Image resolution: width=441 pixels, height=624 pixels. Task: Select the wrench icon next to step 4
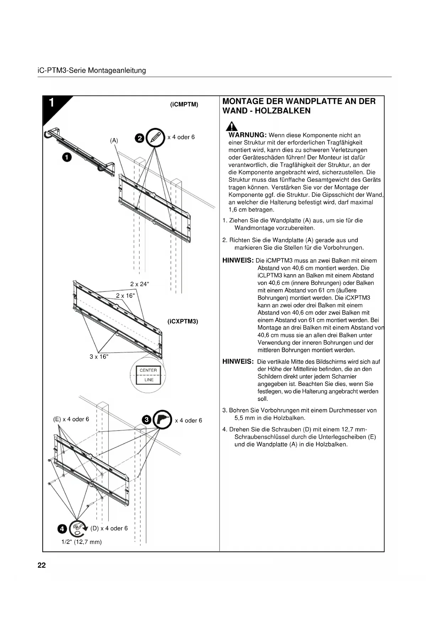pyautogui.click(x=78, y=529)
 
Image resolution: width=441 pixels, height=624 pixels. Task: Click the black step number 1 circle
pyautogui.click(x=66, y=157)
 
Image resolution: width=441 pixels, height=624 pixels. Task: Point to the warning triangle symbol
pyautogui.click(x=232, y=126)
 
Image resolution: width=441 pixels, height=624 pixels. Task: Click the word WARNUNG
pyautogui.click(x=247, y=135)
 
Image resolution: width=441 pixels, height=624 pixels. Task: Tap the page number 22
pyautogui.click(x=42, y=566)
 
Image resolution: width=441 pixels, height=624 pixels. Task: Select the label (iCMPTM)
pyautogui.click(x=184, y=105)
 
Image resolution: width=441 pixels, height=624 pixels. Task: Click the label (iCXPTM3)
pyautogui.click(x=183, y=322)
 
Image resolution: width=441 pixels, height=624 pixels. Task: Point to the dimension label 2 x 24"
pyautogui.click(x=140, y=284)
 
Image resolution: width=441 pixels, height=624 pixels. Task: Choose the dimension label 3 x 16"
pyautogui.click(x=99, y=357)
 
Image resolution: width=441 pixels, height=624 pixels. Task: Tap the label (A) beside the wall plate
pyautogui.click(x=114, y=141)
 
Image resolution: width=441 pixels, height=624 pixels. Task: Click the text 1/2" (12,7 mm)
pyautogui.click(x=82, y=542)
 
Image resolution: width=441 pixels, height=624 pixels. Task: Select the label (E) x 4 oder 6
pyautogui.click(x=71, y=419)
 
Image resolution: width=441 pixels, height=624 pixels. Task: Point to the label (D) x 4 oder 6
pyautogui.click(x=109, y=528)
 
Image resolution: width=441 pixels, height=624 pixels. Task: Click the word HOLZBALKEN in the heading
pyautogui.click(x=283, y=111)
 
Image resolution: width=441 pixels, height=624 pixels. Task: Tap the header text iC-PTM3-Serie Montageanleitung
pyautogui.click(x=92, y=70)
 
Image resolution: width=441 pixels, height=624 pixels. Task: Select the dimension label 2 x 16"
pyautogui.click(x=125, y=296)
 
